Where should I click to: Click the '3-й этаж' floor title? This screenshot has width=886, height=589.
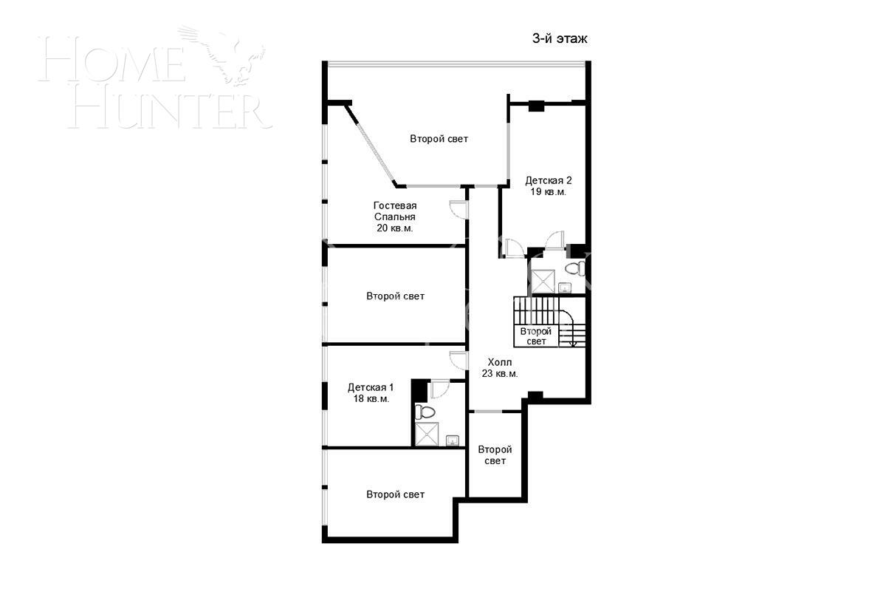560,38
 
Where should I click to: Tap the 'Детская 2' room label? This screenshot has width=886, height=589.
548,180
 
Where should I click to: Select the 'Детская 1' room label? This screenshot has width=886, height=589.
371,387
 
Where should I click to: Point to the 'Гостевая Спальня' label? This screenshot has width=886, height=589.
395,211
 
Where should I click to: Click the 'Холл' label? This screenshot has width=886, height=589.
500,362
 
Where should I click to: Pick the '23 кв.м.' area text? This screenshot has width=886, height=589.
500,374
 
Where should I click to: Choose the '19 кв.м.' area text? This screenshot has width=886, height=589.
548,192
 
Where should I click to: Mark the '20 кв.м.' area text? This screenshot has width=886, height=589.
395,228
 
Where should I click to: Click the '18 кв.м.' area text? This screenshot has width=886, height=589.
371,398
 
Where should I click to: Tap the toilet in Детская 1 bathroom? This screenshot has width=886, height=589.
425,412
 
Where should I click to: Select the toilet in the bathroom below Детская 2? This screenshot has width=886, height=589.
575,268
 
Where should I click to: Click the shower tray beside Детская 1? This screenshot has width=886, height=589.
427,435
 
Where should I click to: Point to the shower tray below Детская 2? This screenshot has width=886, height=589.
543,282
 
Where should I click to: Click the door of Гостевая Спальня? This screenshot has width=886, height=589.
459,209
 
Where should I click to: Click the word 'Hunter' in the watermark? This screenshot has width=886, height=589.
171,112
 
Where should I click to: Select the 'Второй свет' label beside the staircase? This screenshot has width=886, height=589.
535,336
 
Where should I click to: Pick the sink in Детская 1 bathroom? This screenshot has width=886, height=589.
452,440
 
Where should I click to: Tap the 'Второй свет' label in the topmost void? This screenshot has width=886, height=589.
439,139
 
